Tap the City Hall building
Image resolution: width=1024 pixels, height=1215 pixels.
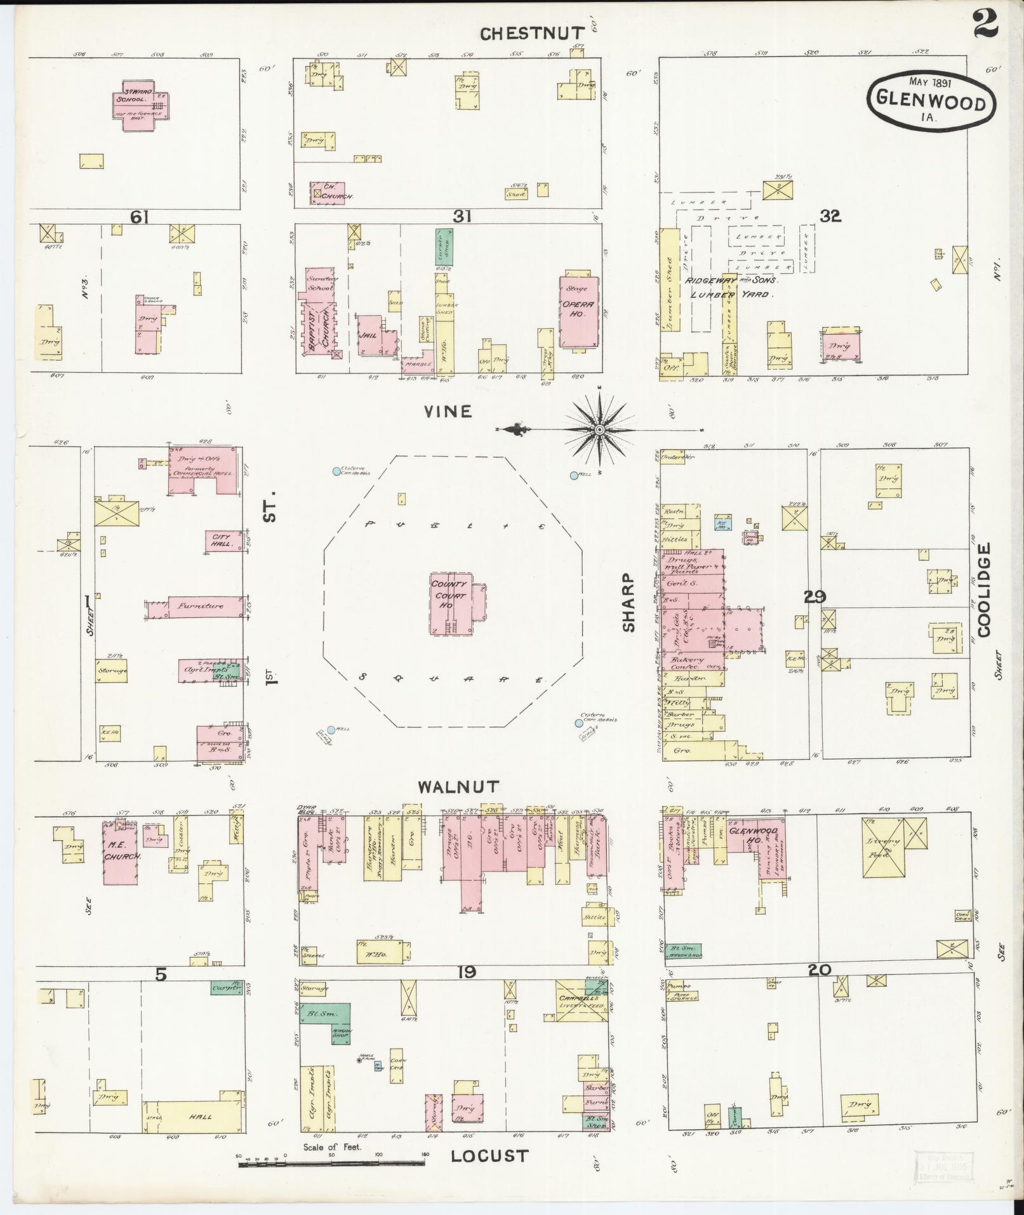coord(223,541)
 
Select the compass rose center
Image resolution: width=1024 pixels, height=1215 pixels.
coord(599,431)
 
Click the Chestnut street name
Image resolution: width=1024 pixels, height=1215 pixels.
coord(532,33)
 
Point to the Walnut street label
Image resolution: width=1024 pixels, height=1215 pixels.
coord(458,787)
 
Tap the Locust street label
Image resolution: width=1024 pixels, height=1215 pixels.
coord(489,1155)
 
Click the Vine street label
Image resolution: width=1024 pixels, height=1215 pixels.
coord(448,412)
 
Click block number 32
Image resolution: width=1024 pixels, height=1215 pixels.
coord(830,216)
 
